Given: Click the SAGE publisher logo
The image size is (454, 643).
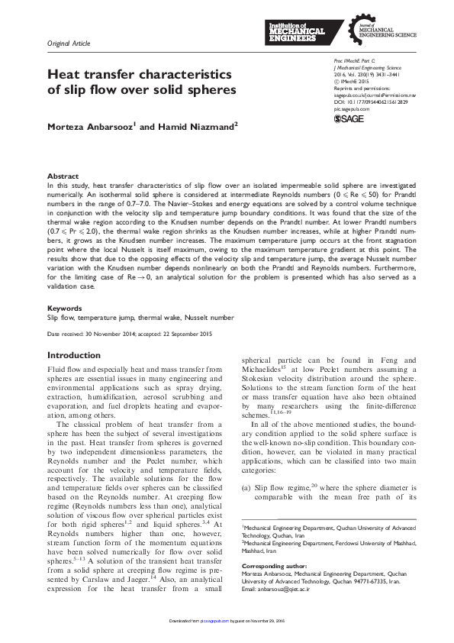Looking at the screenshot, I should coord(349,118).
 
